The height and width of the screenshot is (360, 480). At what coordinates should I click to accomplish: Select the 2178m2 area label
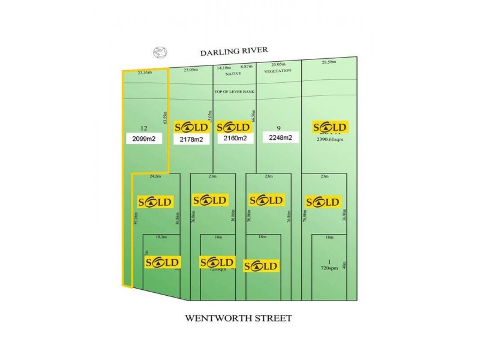[191, 139]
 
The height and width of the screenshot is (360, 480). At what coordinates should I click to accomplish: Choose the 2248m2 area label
[277, 138]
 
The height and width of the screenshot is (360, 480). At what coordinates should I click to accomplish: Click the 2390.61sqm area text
[329, 139]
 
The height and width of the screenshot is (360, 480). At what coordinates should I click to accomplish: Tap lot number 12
[143, 128]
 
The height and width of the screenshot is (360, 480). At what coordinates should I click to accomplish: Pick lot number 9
[279, 128]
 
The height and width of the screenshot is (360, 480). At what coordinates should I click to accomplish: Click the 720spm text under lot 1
[329, 268]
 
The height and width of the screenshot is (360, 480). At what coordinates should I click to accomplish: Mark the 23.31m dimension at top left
[145, 73]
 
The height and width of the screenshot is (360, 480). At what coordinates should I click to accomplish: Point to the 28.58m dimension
[329, 62]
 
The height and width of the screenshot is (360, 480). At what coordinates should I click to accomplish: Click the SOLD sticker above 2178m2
[191, 127]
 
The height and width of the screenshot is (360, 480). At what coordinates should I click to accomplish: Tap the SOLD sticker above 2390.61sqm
[330, 127]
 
